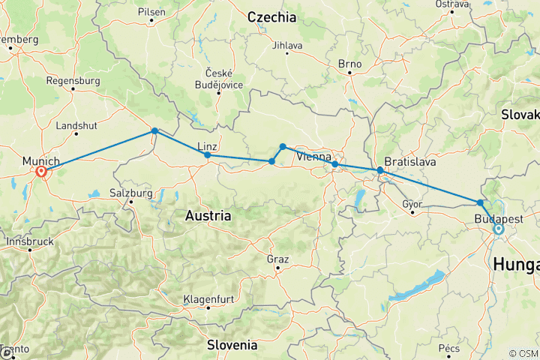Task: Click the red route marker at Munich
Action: pos(42,172)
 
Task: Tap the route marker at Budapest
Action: pos(498,229)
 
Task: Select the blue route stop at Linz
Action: pos(207,155)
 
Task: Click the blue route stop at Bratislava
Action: pos(380,171)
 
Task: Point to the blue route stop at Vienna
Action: pos(334,164)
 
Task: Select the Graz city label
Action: pos(277,258)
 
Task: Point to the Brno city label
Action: pos(349,64)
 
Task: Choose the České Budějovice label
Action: pos(217,77)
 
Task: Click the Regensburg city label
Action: pos(73,80)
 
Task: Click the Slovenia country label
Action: pos(232,345)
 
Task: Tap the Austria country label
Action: pos(208,215)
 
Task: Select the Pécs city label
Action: pos(449,348)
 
